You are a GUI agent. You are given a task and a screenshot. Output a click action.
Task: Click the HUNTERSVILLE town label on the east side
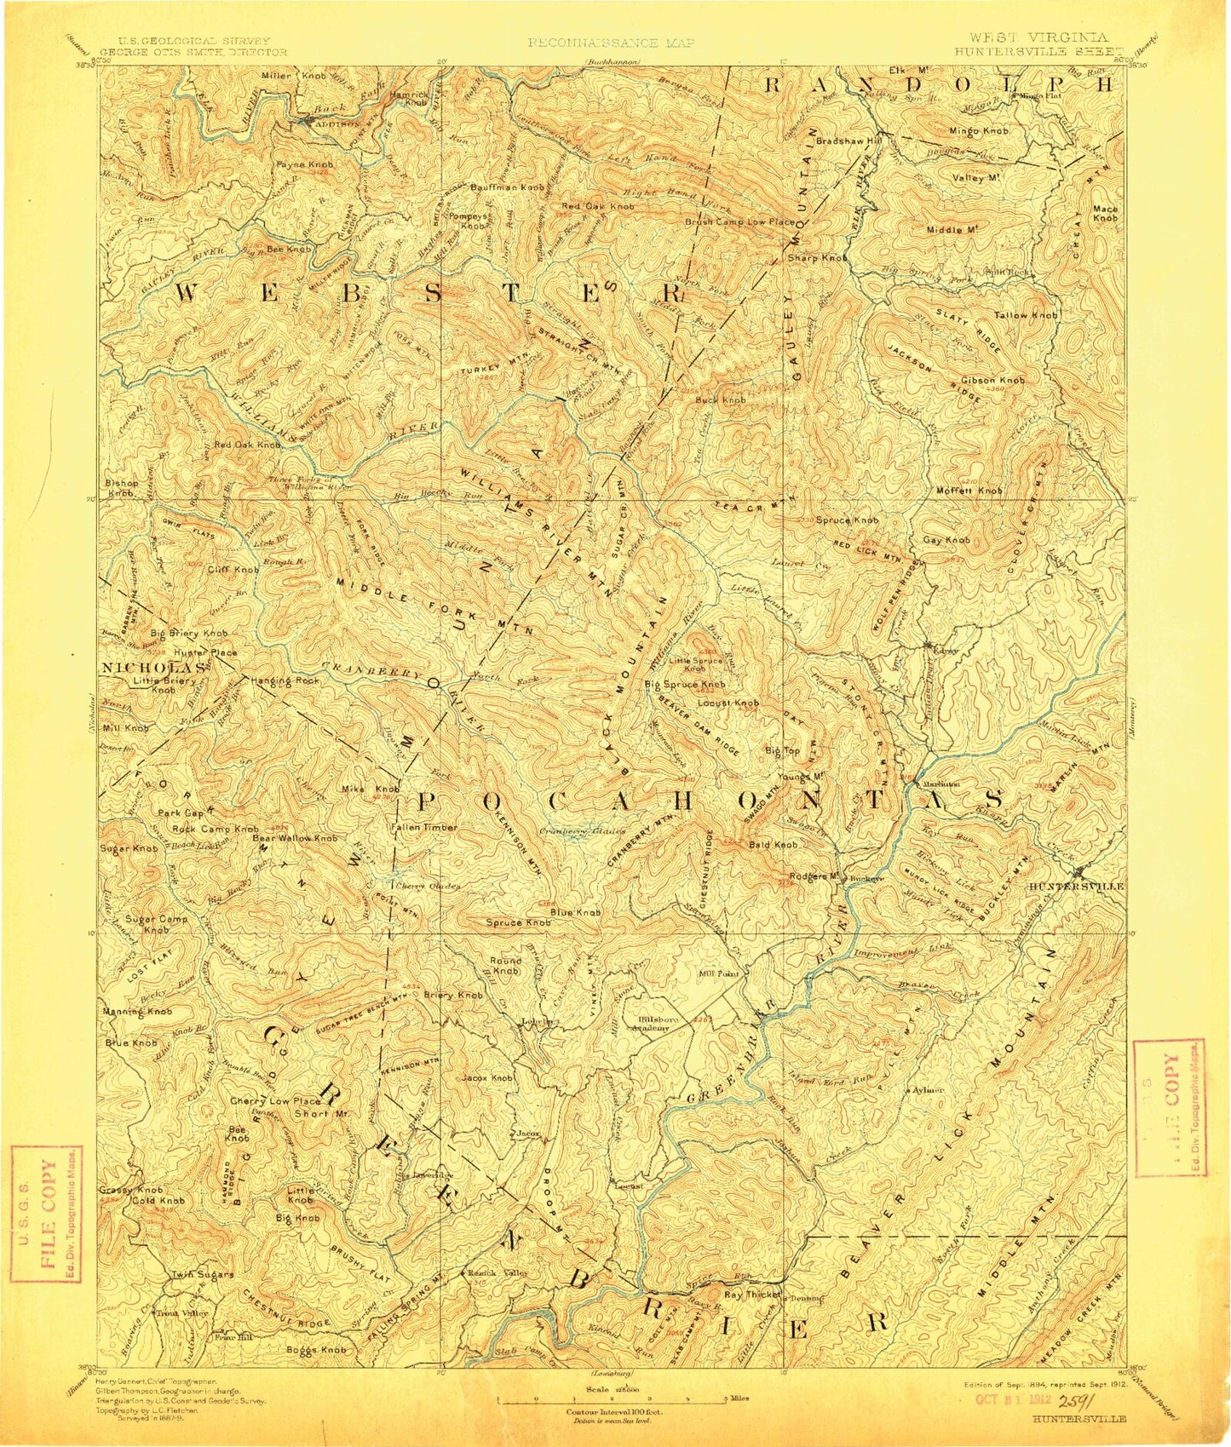1076,886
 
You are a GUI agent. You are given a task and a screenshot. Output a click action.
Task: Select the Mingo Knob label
979,131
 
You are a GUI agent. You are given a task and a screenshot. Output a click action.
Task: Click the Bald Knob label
773,845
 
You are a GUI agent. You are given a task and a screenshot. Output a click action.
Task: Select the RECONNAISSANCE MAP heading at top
611,42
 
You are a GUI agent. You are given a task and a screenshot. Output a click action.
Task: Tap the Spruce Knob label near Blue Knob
518,922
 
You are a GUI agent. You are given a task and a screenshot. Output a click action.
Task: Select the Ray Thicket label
752,1295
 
